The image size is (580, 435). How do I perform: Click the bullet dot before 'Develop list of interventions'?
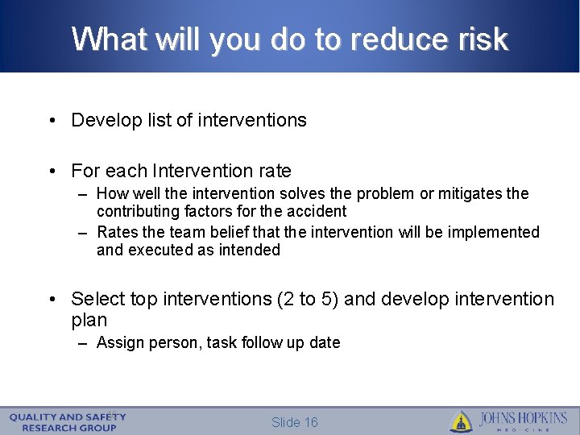point(52,121)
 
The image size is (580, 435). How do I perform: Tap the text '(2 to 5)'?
point(307,300)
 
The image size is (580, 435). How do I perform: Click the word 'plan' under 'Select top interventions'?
point(89,321)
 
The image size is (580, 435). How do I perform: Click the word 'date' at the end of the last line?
point(325,343)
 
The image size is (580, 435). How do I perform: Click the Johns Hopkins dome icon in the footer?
point(461,421)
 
